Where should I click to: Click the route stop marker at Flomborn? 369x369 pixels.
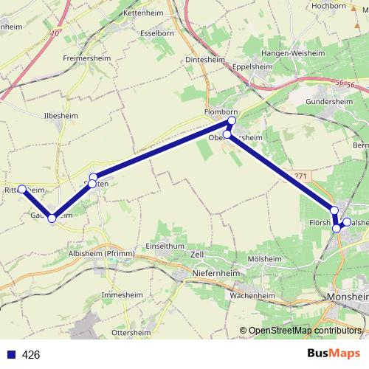tap(232, 120)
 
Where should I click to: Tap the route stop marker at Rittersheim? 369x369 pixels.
tap(22, 189)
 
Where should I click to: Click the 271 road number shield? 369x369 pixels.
tap(298, 175)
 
